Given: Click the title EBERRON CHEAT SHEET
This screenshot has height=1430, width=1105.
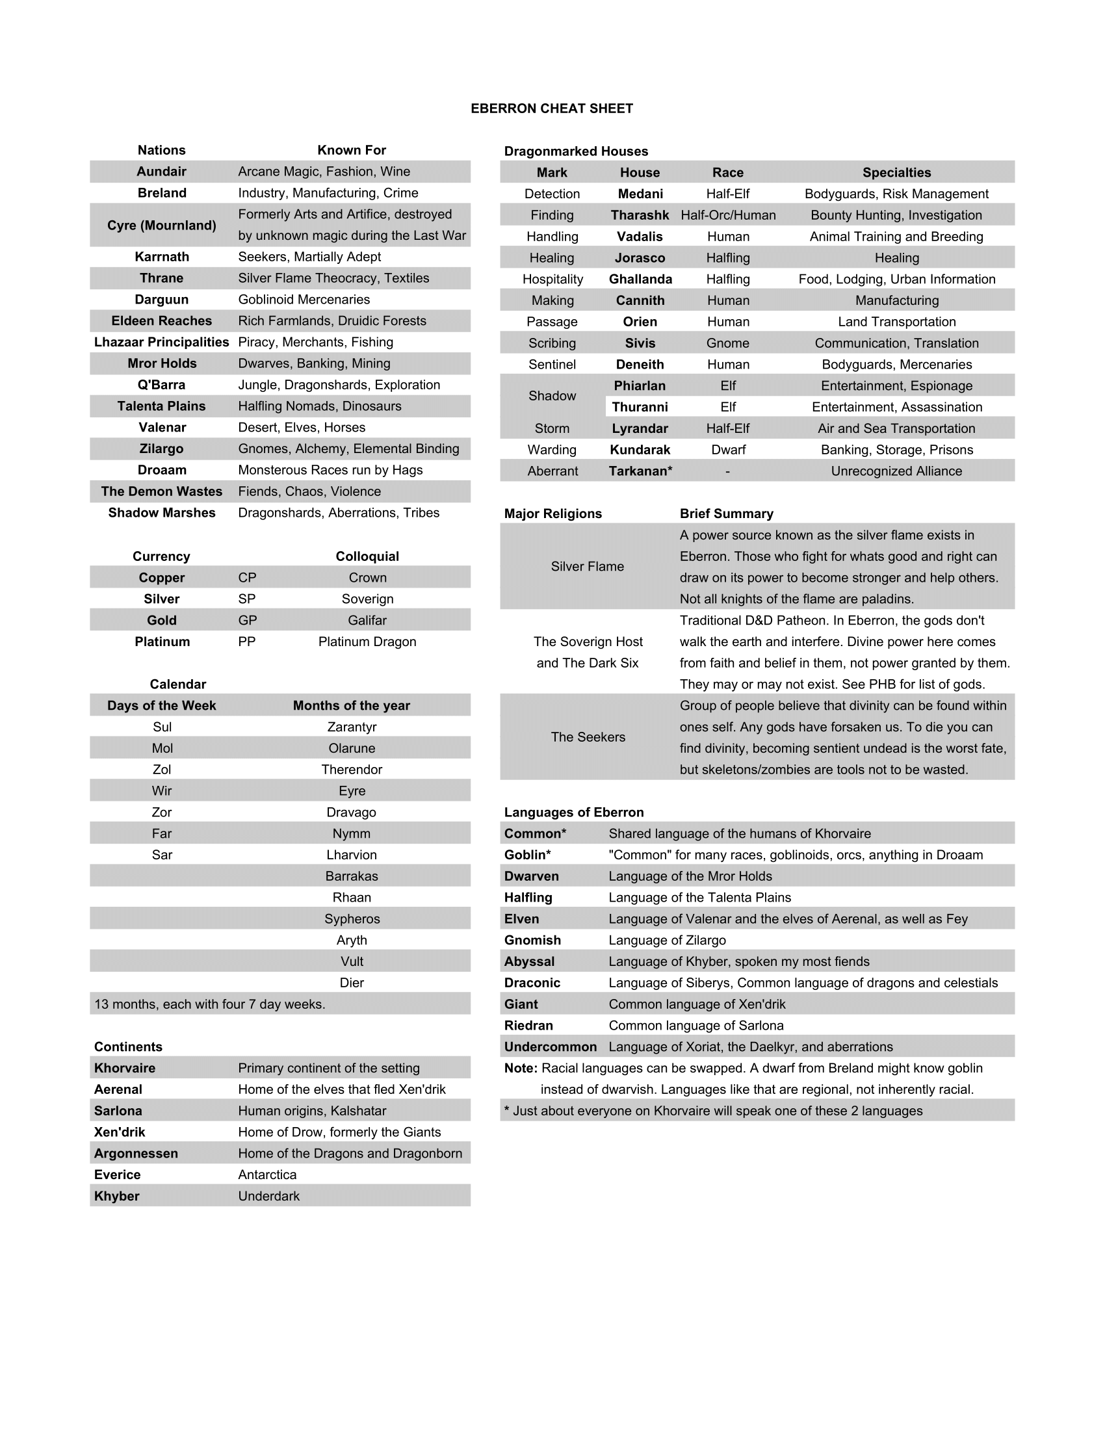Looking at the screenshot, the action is pos(551,109).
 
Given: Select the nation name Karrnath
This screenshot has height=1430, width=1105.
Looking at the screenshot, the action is pos(162,257).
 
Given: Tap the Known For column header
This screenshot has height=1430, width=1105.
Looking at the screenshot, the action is pos(352,150).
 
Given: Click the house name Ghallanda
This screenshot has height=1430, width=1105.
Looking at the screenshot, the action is pos(640,279).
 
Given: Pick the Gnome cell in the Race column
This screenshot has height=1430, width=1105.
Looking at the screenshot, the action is pos(727,343).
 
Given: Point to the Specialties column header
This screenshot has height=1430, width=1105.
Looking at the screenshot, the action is pos(896,172).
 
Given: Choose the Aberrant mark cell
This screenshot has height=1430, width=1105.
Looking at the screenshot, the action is pos(552,471).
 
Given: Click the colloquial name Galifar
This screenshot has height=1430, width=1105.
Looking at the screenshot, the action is pos(367,620).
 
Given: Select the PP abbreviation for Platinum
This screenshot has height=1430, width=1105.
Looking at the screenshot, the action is pos(247,642).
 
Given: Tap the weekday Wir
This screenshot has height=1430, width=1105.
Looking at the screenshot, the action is pos(162,791).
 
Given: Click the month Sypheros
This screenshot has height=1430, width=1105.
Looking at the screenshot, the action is pos(352,918).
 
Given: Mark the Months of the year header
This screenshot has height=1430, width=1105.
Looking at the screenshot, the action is pos(352,705).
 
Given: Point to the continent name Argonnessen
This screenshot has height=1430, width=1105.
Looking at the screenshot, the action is pos(135,1153).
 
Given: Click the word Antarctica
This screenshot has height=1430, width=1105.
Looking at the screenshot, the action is pos(267,1175).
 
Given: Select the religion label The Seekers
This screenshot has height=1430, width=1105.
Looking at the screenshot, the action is pos(588,737).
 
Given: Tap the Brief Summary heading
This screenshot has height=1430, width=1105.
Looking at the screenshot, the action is pos(726,513).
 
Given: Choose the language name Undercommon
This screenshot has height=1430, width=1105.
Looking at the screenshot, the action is pos(550,1047).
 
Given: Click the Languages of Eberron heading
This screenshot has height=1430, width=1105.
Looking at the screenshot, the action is pos(573,812).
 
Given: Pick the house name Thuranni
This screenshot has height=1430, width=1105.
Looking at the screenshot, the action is pos(640,408).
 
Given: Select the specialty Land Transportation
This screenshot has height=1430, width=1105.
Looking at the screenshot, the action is pos(896,322).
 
